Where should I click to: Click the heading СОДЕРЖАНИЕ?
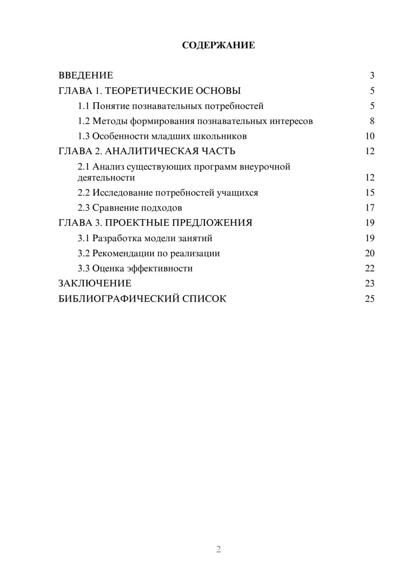[218, 45]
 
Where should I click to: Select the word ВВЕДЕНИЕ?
[86, 75]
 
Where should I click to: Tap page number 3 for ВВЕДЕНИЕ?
[372, 75]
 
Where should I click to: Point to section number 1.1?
[83, 106]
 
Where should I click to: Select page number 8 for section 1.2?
[372, 121]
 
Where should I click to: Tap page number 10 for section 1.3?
[370, 136]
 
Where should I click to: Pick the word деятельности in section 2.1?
[106, 178]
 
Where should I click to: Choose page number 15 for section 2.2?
[370, 193]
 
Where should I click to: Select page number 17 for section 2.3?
[370, 208]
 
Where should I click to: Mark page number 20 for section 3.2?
[370, 253]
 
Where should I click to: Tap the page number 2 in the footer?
[218, 549]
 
